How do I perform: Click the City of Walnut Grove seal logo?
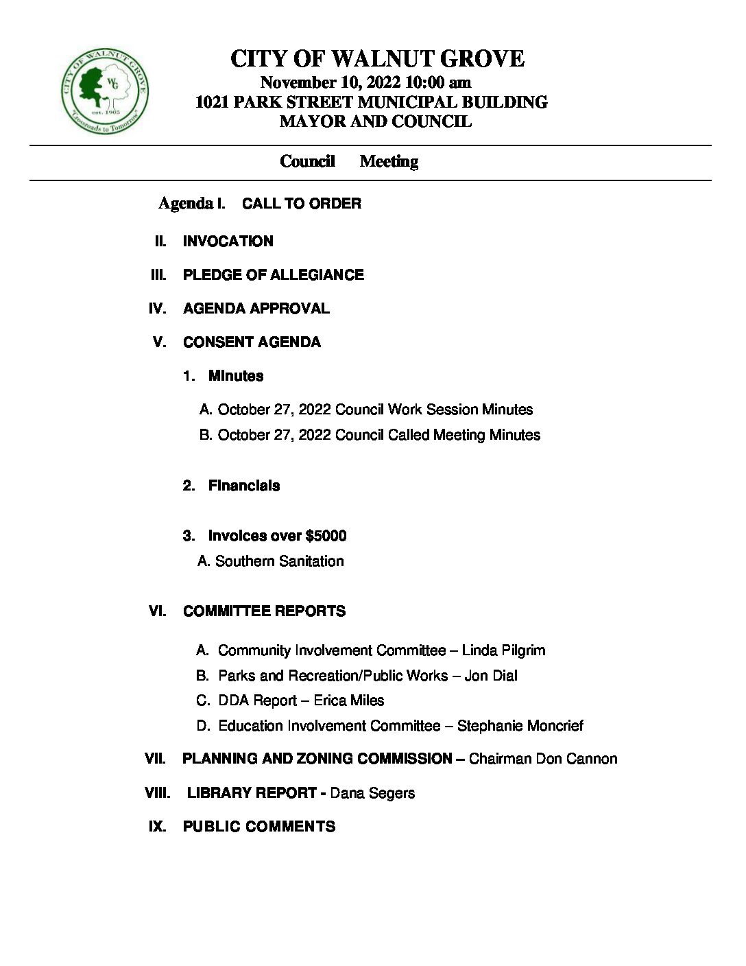(x=104, y=91)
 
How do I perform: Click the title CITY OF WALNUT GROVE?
(x=377, y=59)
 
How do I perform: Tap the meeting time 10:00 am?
(x=437, y=83)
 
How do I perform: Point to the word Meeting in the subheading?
(x=389, y=161)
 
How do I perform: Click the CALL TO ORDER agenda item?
(x=301, y=204)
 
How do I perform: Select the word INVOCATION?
(x=228, y=241)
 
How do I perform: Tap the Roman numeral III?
(x=158, y=275)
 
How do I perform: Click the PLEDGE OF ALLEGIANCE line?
(x=273, y=275)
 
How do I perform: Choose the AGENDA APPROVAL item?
(x=256, y=309)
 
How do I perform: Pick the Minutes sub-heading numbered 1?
(x=235, y=376)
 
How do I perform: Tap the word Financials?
(x=243, y=486)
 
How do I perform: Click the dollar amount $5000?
(x=326, y=536)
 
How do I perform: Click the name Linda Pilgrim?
(x=503, y=650)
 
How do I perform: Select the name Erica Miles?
(x=348, y=700)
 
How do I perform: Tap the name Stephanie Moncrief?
(x=520, y=726)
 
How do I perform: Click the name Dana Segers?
(x=372, y=793)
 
